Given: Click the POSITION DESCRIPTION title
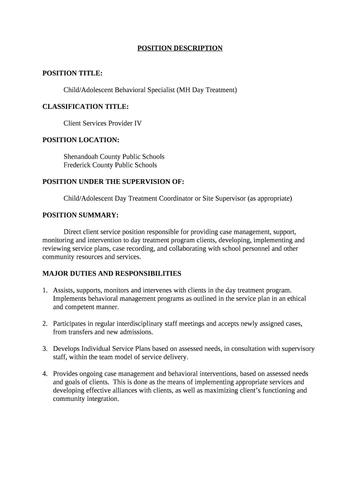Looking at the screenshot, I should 180,48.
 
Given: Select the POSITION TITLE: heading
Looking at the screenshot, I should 72,73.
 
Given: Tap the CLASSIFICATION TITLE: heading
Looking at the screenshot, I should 86,107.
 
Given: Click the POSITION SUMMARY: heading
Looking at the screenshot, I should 80,215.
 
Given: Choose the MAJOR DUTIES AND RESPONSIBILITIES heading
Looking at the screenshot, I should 112,274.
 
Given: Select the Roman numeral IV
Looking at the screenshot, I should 138,123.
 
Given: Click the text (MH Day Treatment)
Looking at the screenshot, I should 207,90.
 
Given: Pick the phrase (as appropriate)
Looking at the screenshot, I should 270,198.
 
